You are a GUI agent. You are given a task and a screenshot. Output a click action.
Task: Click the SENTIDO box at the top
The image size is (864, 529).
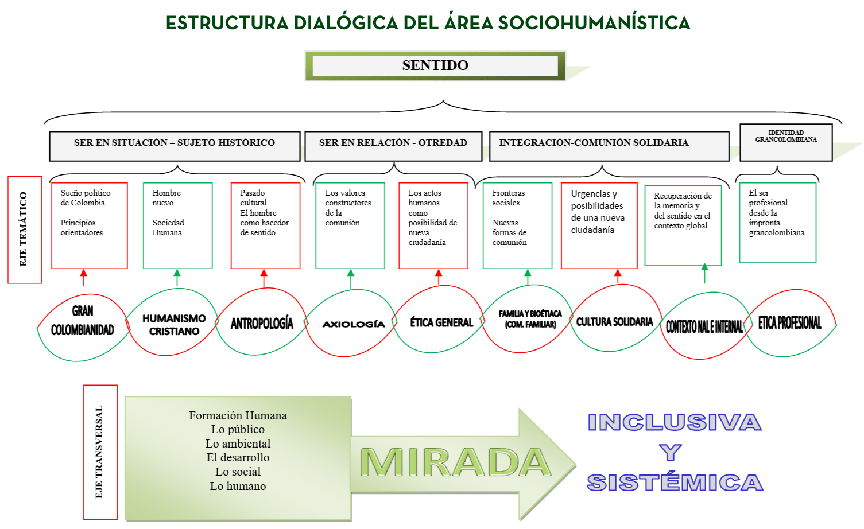[435, 66]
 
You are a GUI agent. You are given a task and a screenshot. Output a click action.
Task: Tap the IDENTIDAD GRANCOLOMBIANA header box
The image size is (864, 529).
[786, 142]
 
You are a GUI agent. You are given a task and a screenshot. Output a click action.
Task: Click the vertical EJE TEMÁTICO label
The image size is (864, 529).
[25, 230]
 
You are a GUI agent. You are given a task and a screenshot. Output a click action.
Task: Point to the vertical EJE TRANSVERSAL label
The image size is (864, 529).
[100, 452]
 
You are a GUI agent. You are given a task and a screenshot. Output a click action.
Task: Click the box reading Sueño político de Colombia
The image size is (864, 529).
[90, 225]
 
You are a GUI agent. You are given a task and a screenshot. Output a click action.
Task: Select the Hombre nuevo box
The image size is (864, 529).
[178, 225]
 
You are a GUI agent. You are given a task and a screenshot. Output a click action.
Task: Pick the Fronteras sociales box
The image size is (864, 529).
[518, 225]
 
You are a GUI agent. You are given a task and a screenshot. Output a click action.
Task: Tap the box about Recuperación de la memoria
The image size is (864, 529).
[683, 225]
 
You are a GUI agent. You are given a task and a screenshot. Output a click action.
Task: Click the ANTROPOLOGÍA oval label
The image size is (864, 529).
[262, 323]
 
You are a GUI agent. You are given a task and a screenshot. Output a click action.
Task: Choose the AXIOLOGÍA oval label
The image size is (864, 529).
[354, 324]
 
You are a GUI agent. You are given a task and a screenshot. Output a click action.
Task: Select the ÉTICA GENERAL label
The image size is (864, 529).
[441, 322]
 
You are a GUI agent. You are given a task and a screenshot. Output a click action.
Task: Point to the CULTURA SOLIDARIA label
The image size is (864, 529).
[614, 321]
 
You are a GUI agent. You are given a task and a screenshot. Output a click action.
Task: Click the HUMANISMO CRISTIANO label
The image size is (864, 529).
[174, 325]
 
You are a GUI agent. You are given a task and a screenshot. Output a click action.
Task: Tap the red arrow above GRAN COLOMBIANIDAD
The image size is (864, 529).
[84, 278]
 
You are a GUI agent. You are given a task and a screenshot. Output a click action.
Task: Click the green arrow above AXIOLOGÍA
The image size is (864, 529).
[351, 278]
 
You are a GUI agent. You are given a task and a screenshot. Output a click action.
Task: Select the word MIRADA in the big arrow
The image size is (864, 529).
[455, 462]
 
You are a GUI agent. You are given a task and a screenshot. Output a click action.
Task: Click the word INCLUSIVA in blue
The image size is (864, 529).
[675, 422]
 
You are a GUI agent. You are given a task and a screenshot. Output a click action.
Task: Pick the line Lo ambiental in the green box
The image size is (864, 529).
[238, 444]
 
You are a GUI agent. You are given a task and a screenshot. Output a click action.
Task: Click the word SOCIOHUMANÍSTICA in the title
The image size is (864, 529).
[594, 22]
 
